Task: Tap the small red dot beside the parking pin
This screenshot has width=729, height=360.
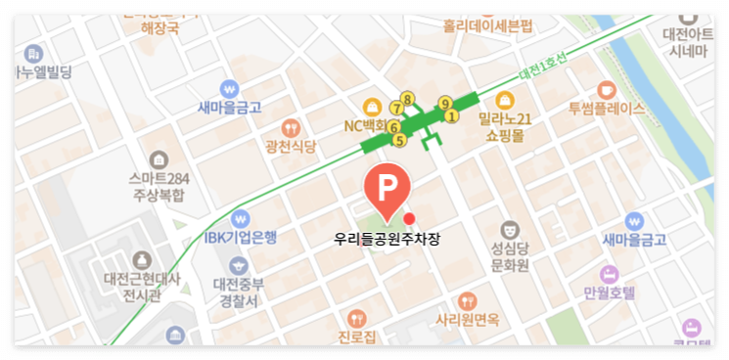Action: [410, 217]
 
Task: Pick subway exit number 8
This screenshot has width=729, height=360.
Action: [408, 97]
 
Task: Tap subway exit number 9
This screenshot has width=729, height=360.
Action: [444, 103]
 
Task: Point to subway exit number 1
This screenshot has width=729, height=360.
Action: [451, 116]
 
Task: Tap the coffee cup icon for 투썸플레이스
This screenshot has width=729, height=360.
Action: [606, 89]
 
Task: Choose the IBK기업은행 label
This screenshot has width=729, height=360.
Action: [241, 236]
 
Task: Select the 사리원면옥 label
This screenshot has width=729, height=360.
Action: [468, 319]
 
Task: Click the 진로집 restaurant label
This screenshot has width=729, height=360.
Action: [357, 337]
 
